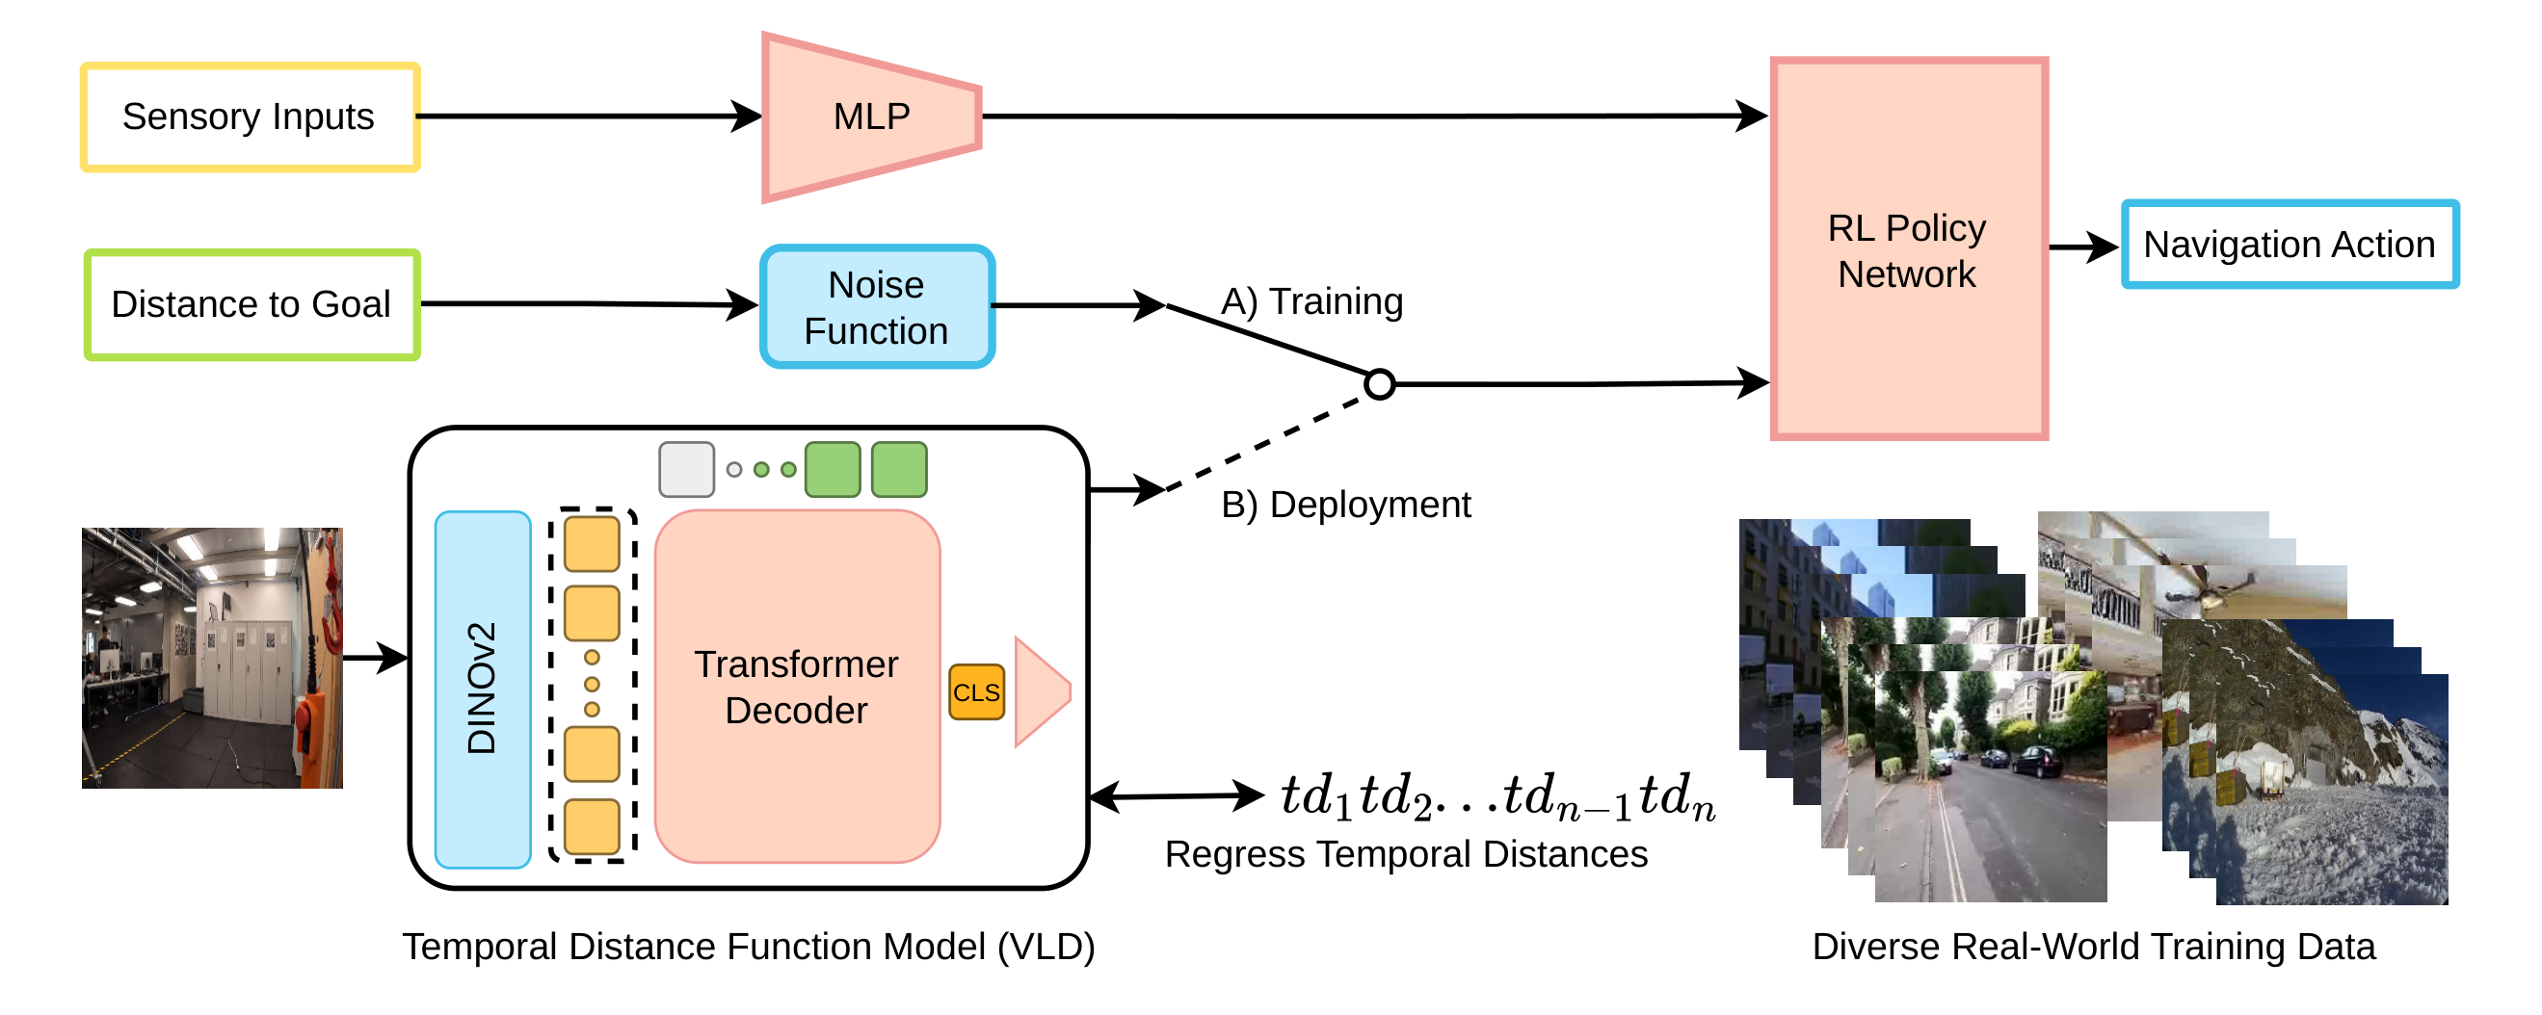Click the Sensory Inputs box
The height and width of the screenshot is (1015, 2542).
pos(250,117)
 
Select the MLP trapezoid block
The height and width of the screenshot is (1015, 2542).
pos(870,117)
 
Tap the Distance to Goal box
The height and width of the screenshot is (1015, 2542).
pos(252,305)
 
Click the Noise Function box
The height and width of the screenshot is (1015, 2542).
pos(876,308)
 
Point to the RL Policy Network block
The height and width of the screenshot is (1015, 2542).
pos(1908,249)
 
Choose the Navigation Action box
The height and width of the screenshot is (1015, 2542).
pos(2289,245)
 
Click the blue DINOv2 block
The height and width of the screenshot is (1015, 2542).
pos(483,689)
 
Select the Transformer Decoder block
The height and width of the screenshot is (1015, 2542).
pos(796,688)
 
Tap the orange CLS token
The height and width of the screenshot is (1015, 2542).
pos(976,692)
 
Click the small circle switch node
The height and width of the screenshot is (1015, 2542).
pos(1380,383)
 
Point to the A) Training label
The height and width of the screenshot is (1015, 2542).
pos(1311,300)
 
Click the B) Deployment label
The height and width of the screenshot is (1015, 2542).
pos(1345,505)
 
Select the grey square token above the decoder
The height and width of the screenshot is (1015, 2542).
pos(686,470)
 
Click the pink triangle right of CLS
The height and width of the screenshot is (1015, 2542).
pos(1038,691)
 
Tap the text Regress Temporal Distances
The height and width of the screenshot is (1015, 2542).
pos(1405,854)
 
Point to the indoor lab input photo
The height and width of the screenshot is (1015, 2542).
pos(212,658)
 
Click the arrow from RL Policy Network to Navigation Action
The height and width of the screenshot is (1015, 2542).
pos(2082,247)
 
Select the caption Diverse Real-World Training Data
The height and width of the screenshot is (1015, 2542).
pos(2093,947)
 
